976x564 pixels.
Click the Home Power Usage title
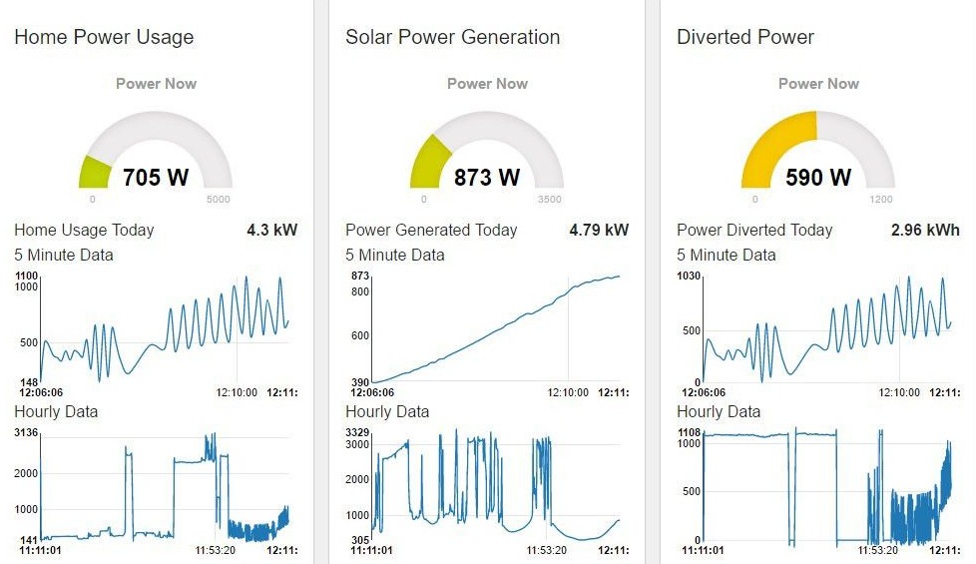(x=104, y=37)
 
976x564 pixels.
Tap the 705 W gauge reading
(x=156, y=178)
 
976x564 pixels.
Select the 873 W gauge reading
(x=487, y=178)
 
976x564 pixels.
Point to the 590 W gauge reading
(x=818, y=178)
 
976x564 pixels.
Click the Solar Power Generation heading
(x=452, y=37)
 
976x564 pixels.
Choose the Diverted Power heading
(x=745, y=37)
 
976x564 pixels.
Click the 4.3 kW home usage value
(x=271, y=230)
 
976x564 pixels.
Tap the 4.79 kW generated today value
(x=599, y=230)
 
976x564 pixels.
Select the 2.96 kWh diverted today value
(x=925, y=230)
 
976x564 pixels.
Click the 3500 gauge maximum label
(x=551, y=200)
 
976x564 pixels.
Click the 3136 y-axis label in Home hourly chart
(x=26, y=432)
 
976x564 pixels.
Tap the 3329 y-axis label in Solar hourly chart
(x=358, y=432)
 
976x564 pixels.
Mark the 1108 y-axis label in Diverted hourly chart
(x=689, y=432)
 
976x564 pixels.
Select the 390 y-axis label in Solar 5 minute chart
(x=360, y=381)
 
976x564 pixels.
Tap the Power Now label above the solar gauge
(x=487, y=84)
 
